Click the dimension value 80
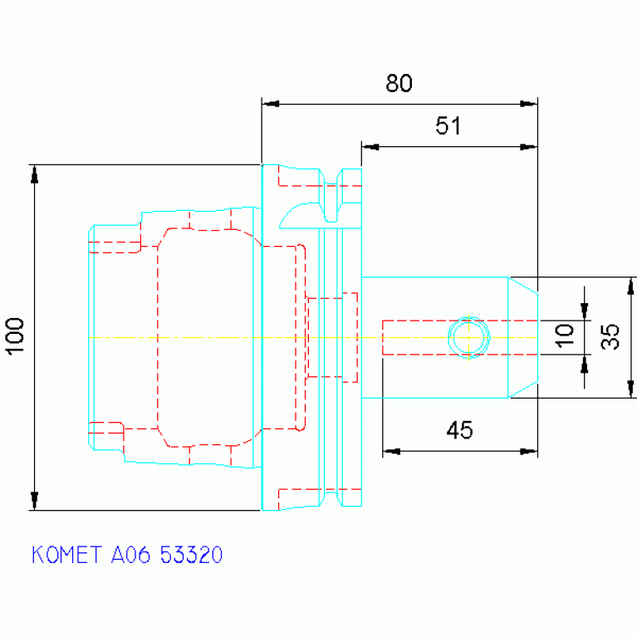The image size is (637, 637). click(399, 83)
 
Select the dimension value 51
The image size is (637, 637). click(448, 125)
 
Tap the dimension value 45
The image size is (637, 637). click(459, 430)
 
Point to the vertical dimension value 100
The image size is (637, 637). click(16, 337)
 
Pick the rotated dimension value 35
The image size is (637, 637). click(610, 337)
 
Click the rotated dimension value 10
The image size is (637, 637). click(564, 336)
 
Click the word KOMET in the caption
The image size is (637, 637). click(66, 555)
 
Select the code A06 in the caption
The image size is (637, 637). click(131, 555)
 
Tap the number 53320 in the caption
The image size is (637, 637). click(191, 555)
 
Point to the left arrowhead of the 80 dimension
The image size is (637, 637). click(271, 104)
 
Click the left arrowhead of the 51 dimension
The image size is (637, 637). click(370, 147)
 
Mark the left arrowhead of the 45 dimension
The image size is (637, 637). click(392, 451)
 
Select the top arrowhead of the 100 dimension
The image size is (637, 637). click(35, 174)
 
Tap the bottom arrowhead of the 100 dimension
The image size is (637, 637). click(35, 501)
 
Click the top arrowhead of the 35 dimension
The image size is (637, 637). click(630, 286)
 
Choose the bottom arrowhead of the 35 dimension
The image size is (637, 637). click(630, 389)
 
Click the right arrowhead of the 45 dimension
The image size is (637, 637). click(528, 451)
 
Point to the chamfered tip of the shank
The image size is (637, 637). click(523, 337)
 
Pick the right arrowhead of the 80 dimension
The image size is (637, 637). click(528, 104)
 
